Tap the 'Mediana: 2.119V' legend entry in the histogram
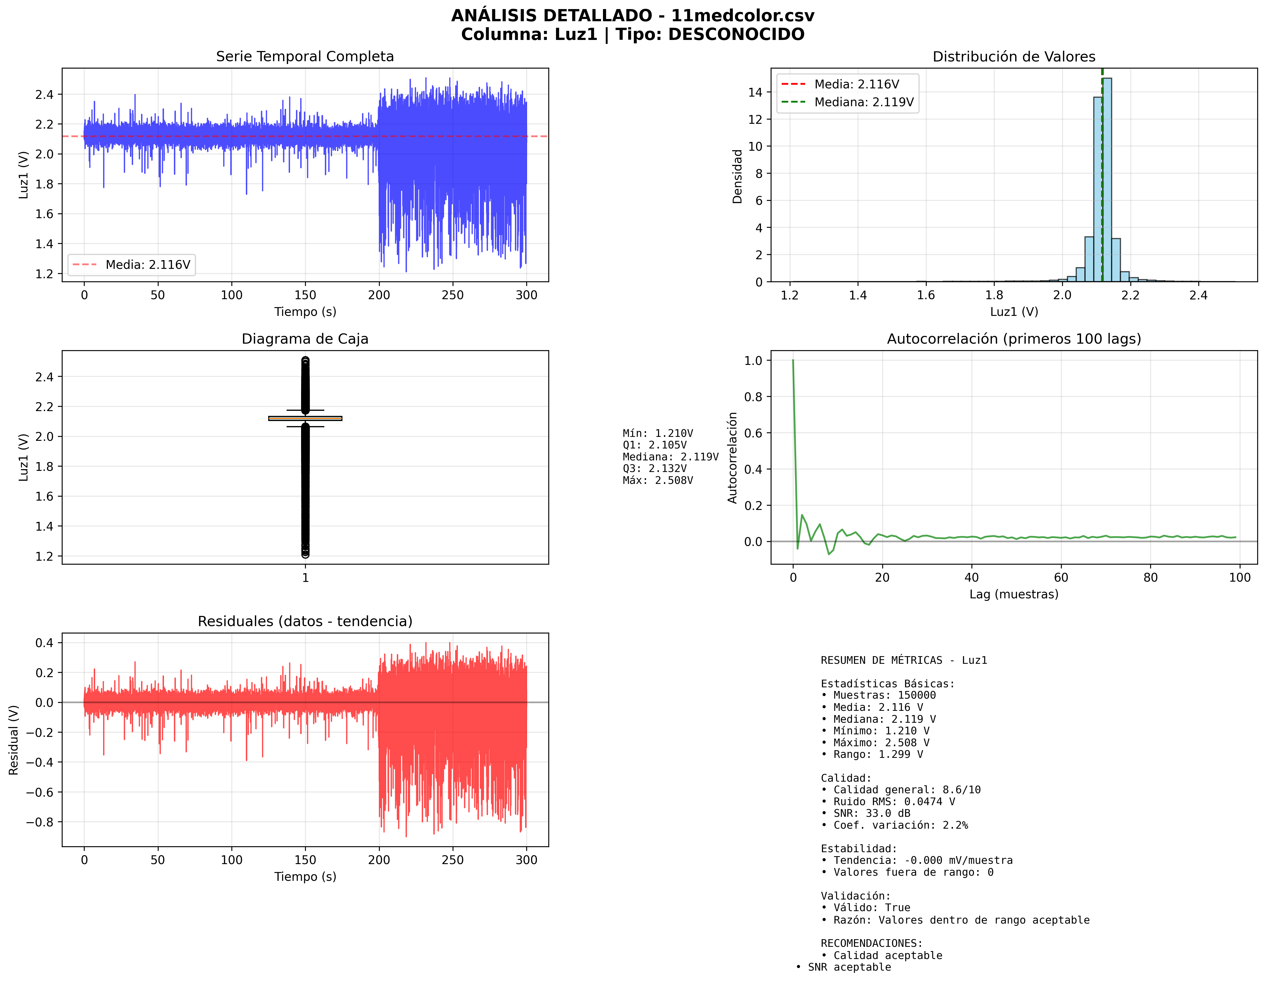coord(863,102)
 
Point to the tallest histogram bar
coord(1107,180)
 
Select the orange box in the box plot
coord(305,418)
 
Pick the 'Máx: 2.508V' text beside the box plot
coord(657,480)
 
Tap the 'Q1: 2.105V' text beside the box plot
coord(655,445)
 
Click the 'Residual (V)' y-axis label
coord(14,739)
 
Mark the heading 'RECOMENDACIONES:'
coord(871,943)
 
